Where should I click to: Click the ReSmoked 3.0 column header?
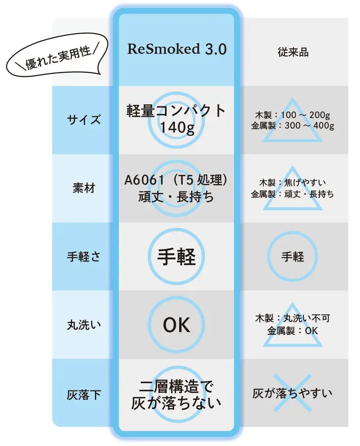(176, 49)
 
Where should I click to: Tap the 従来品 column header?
(293, 52)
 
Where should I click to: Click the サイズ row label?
(83, 119)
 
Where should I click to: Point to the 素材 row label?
(83, 188)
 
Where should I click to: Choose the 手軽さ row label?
(83, 256)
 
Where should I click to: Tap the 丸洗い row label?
(83, 325)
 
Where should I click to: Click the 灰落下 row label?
(83, 395)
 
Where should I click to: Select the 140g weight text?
(177, 127)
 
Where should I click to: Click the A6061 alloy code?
(145, 180)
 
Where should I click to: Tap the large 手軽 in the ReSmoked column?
(176, 256)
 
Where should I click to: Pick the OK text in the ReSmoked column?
(176, 325)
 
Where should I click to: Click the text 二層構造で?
(176, 386)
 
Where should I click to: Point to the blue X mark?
(292, 393)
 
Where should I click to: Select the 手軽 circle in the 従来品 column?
(292, 256)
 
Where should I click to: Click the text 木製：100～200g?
(293, 115)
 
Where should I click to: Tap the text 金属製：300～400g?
(293, 125)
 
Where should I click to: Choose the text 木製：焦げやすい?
(293, 183)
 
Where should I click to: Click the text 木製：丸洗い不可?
(293, 318)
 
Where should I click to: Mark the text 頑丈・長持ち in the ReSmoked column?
(176, 197)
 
